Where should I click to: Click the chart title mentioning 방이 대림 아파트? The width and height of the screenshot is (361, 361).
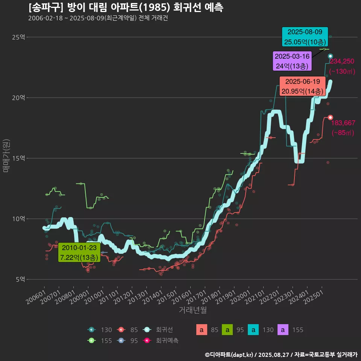tap(126, 8)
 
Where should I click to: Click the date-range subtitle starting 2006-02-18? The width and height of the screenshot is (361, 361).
tap(98, 18)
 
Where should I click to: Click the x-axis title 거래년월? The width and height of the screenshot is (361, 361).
tap(193, 310)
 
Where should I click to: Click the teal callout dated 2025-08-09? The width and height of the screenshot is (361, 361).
tap(305, 37)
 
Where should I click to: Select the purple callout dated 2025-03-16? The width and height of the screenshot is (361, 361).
tap(292, 61)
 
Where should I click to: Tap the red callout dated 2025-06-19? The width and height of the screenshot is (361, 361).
tap(302, 86)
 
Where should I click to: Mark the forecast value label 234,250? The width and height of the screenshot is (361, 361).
tap(342, 61)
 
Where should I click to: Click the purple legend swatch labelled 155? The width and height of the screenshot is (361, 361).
tap(283, 330)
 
